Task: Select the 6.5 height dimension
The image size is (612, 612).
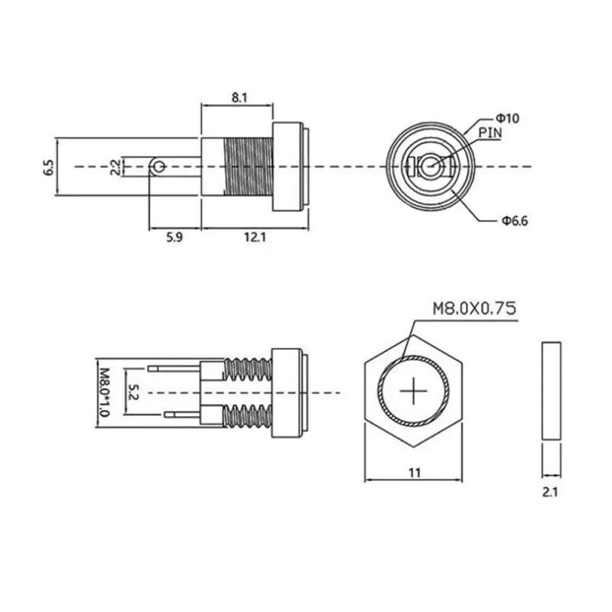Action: tap(48, 167)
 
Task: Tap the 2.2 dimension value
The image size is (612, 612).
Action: tap(114, 167)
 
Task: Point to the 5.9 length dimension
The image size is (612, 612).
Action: tap(174, 238)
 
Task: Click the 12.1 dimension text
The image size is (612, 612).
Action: tap(254, 238)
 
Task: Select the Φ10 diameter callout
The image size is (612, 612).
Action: tap(507, 118)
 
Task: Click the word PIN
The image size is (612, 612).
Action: tap(490, 132)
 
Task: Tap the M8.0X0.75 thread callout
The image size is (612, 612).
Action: tap(474, 308)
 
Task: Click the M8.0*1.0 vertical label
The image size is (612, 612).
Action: tap(104, 391)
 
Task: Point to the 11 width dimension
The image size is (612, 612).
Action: tap(414, 473)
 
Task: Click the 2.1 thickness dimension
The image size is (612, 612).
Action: tap(550, 493)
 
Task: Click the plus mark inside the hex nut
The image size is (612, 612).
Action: tap(414, 392)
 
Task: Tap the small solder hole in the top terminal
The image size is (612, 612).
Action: tap(158, 166)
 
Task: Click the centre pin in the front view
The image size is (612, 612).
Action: tap(431, 166)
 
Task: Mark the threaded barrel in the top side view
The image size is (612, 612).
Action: tap(247, 166)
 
